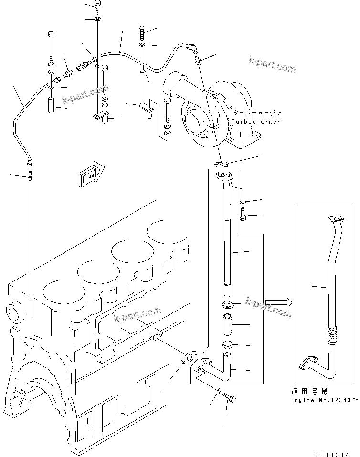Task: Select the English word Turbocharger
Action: point(257,122)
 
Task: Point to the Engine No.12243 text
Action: point(324,399)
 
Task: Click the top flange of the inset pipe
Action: point(336,219)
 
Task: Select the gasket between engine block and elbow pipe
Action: point(190,357)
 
